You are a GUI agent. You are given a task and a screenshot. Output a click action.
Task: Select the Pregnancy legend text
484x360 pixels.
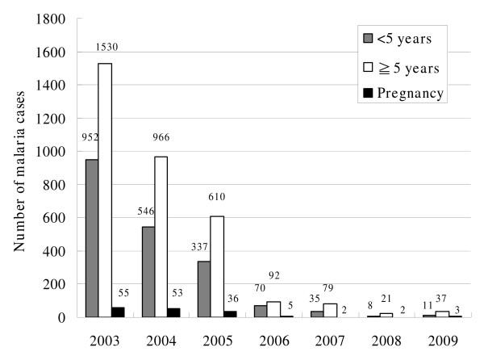click(x=411, y=93)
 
